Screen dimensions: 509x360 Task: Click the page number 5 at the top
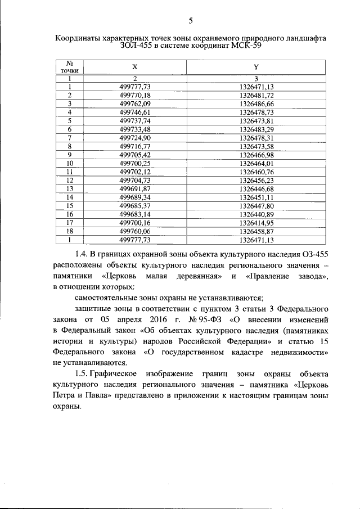(191, 21)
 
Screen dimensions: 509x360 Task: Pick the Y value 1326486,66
(256, 104)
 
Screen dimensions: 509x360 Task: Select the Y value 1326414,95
(256, 223)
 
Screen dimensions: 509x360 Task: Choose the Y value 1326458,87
(256, 231)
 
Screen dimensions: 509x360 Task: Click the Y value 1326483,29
(256, 129)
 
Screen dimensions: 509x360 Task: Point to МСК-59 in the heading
(246, 46)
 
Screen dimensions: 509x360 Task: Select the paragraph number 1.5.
(83, 374)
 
